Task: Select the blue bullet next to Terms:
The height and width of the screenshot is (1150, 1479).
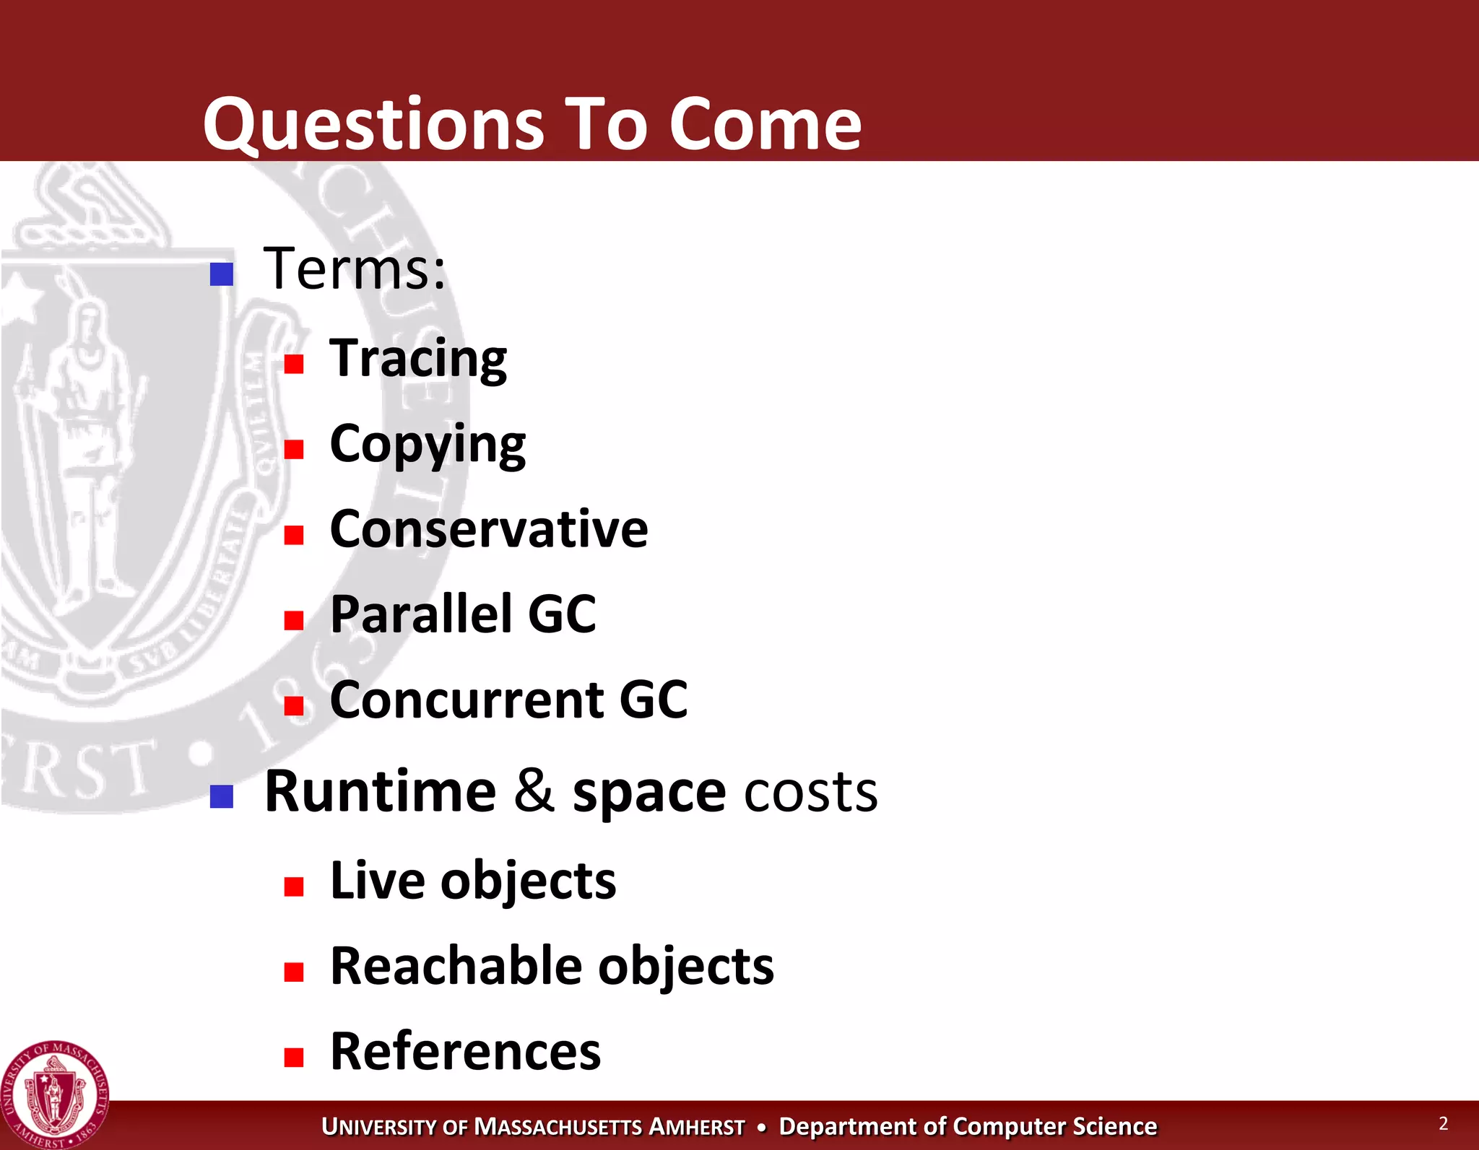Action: (222, 274)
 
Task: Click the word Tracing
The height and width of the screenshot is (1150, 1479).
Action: (418, 359)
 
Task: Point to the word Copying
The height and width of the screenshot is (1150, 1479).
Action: (428, 445)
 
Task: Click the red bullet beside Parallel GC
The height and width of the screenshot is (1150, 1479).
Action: (294, 621)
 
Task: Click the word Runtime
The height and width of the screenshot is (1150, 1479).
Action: (381, 792)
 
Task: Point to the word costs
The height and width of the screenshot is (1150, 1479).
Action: (811, 792)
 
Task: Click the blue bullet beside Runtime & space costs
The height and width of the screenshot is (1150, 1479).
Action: (222, 797)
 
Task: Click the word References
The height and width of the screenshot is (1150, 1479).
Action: (465, 1052)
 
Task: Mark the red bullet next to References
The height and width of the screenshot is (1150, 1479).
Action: (294, 1058)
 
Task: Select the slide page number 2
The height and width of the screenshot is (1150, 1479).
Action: (1443, 1123)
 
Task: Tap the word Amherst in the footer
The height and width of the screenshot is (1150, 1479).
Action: (697, 1127)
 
